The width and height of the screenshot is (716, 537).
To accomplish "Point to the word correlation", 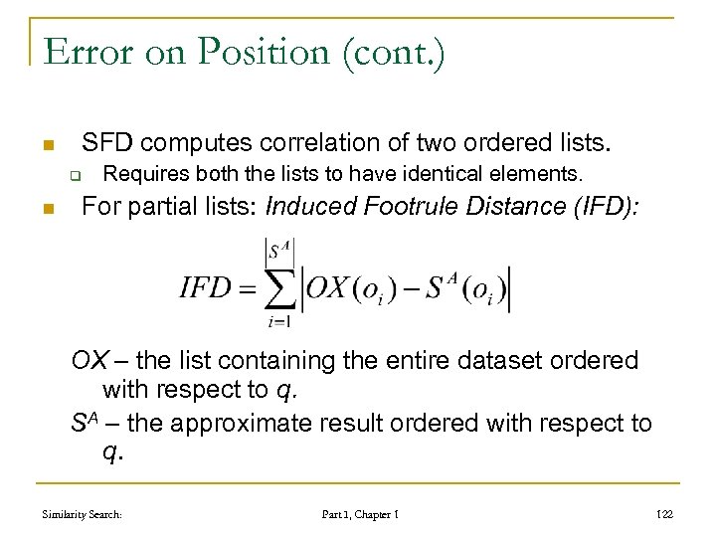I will (324, 142).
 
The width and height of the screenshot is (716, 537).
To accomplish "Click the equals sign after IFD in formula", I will (247, 289).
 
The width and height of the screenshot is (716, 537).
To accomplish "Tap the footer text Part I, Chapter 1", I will (360, 514).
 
